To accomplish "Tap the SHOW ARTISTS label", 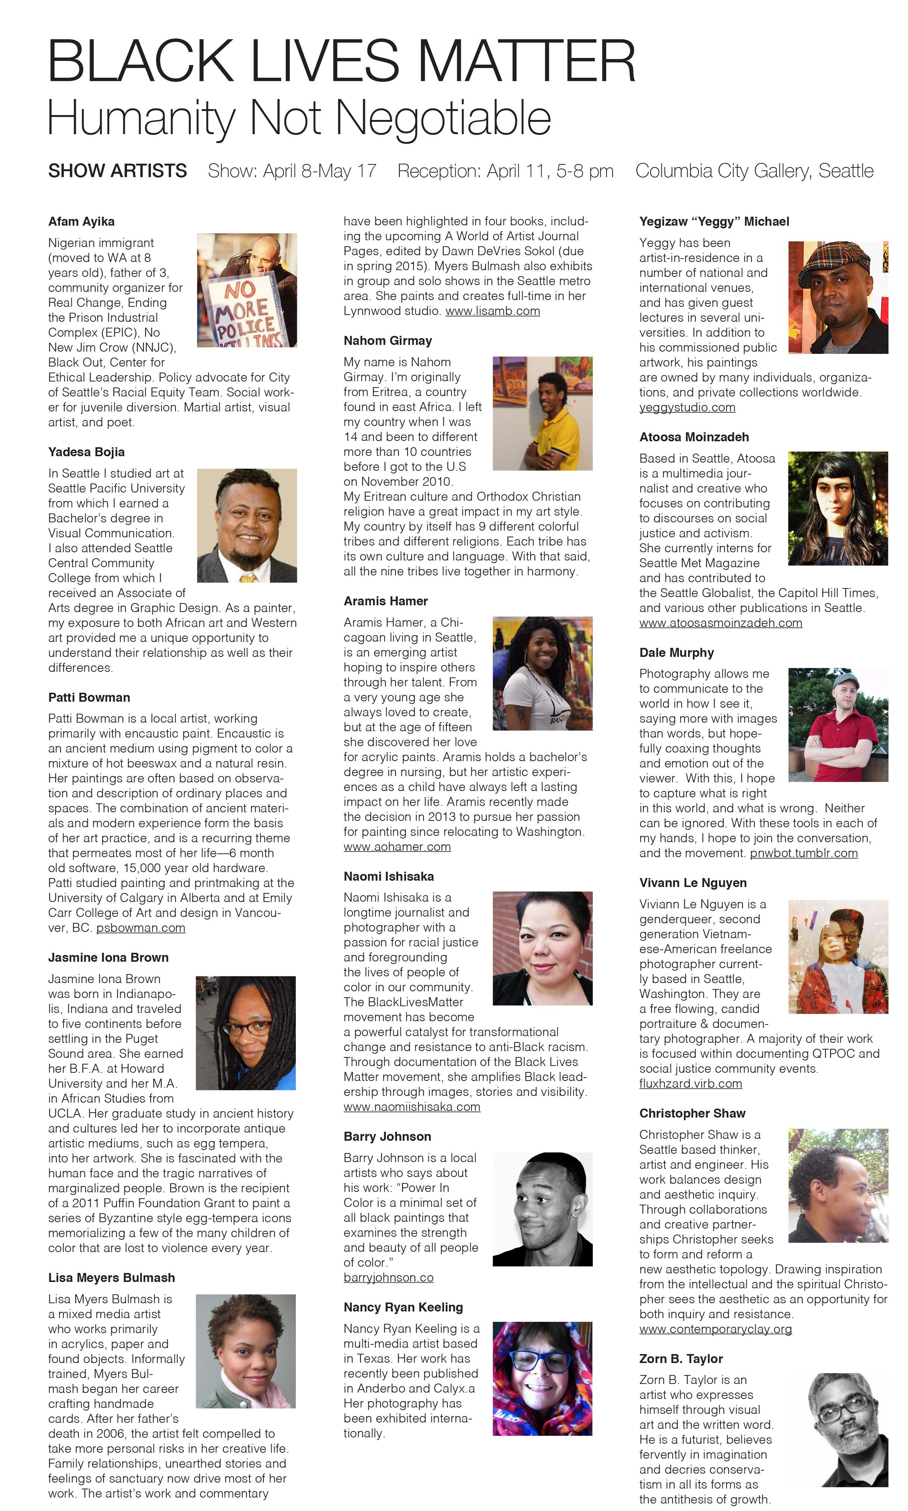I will click(118, 171).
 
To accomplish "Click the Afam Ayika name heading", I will click(81, 222).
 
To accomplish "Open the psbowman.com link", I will click(141, 928).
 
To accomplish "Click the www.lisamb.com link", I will click(493, 311).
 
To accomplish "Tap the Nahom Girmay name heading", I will click(387, 341).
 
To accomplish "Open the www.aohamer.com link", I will click(397, 847).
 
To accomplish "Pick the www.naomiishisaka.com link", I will click(412, 1107).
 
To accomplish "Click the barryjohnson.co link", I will click(388, 1278).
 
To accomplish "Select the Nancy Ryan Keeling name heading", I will click(403, 1307).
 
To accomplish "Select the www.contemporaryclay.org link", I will click(715, 1329).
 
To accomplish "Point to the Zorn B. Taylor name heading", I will click(681, 1359).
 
